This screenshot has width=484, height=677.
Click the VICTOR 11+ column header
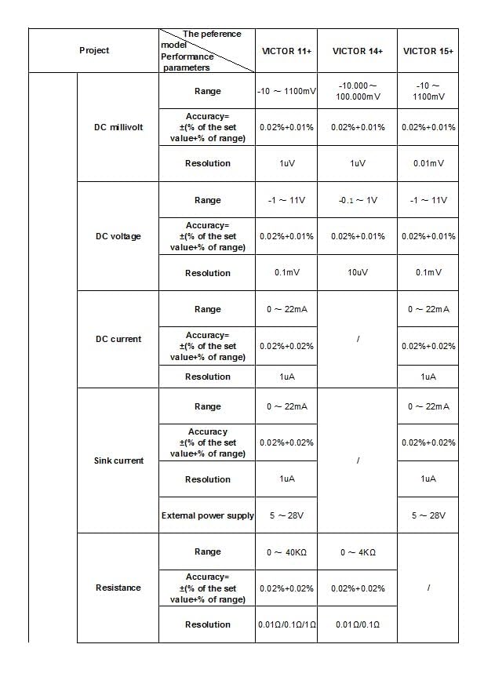tap(286, 51)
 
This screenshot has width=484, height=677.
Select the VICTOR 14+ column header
tap(357, 51)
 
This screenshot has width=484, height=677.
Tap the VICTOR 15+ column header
tap(428, 51)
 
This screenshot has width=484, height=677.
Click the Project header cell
tap(94, 51)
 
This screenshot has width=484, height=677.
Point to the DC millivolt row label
tap(118, 127)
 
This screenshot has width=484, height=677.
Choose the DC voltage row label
tap(118, 236)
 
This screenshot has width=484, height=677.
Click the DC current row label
tap(118, 339)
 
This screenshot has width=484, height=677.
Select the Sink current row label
tap(118, 460)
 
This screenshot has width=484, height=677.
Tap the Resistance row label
tap(118, 588)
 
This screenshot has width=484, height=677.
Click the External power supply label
tap(207, 515)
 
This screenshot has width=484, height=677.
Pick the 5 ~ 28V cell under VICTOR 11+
tap(286, 515)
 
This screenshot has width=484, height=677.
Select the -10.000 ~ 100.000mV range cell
tap(357, 91)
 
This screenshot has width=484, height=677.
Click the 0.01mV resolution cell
tap(428, 163)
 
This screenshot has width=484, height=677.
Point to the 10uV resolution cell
tap(357, 273)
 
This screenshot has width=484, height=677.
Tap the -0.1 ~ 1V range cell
tap(357, 200)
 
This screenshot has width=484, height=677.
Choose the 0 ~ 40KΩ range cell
tap(286, 552)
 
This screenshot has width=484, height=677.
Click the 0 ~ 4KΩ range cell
tap(357, 552)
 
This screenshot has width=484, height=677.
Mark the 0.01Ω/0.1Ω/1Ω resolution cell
tap(286, 624)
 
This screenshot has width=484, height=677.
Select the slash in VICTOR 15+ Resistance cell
tap(428, 588)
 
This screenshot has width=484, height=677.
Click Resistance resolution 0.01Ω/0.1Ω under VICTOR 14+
tap(357, 624)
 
